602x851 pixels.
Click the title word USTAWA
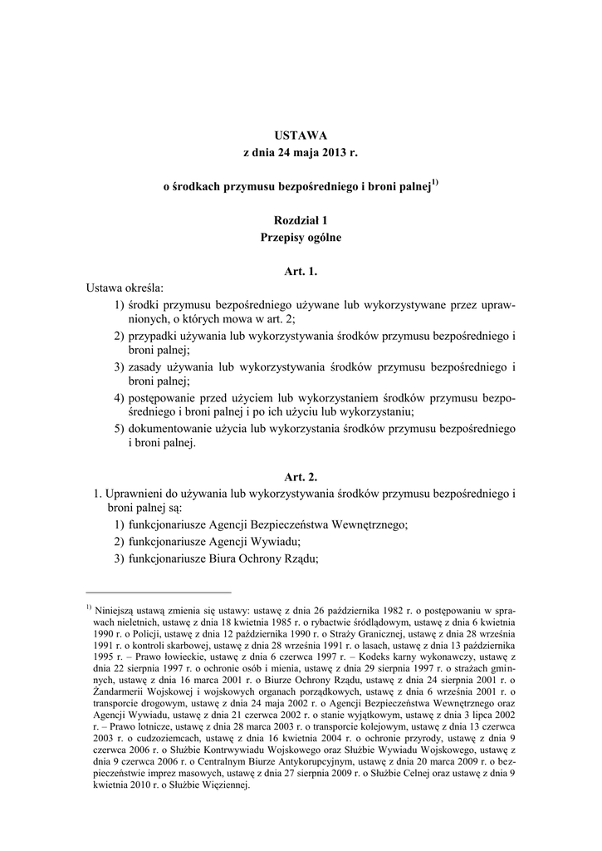tap(301, 135)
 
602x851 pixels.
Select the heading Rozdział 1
tap(301, 220)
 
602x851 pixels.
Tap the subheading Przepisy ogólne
tap(301, 238)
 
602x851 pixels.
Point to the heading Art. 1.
tap(301, 272)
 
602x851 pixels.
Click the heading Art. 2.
tap(301, 477)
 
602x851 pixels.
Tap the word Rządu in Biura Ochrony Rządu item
tap(301, 558)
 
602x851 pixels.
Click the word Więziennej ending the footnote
tap(223, 785)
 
